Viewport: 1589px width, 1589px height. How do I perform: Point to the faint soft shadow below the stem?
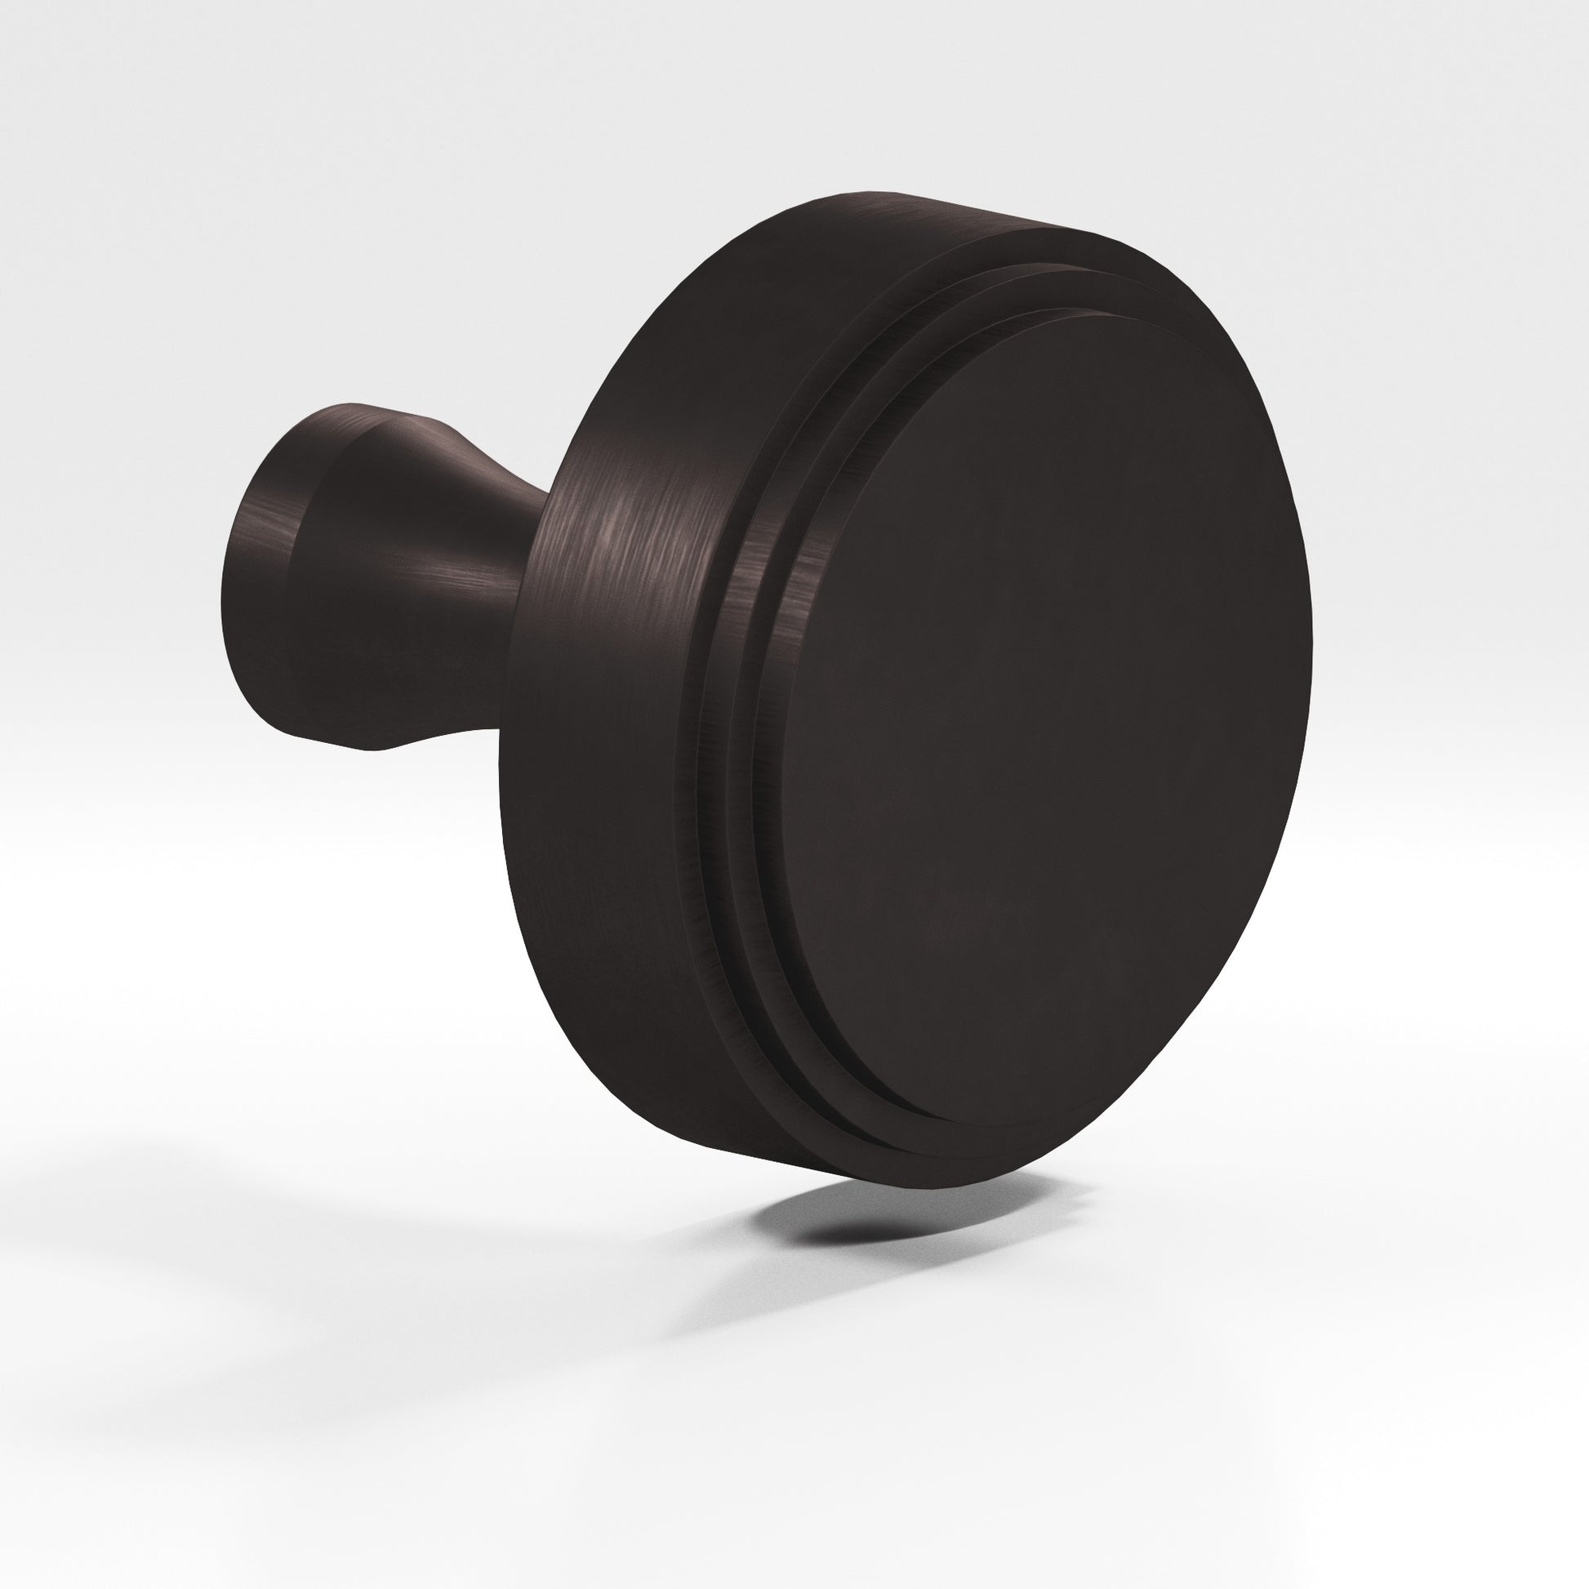click(247, 1151)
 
